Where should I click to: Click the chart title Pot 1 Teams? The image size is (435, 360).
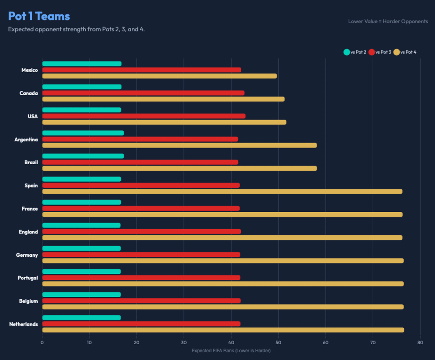coord(39,16)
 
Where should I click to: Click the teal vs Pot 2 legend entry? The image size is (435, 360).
coord(355,52)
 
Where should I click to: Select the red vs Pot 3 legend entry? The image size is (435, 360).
coord(380,52)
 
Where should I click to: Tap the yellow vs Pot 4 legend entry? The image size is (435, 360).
coord(405,52)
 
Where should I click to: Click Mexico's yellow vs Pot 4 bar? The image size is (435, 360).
coord(159,76)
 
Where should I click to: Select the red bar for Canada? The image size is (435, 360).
coord(143,93)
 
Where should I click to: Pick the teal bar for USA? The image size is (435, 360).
coord(82,110)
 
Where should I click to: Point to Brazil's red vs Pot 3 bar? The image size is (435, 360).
coord(140,162)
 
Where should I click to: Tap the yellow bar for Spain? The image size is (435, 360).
coord(222,191)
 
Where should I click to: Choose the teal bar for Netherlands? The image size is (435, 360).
coord(82,318)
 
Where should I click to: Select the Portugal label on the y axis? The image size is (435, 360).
coord(28,278)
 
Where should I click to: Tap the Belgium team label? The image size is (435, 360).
coord(28,301)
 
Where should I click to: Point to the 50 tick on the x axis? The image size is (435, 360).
coord(278,343)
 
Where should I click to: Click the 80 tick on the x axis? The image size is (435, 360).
coord(420,343)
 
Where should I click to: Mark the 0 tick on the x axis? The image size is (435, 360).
coord(42,343)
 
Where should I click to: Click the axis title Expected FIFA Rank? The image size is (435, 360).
coord(231,351)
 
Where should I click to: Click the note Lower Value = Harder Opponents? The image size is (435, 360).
coord(388,21)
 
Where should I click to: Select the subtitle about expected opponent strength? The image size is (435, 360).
coord(76,30)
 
